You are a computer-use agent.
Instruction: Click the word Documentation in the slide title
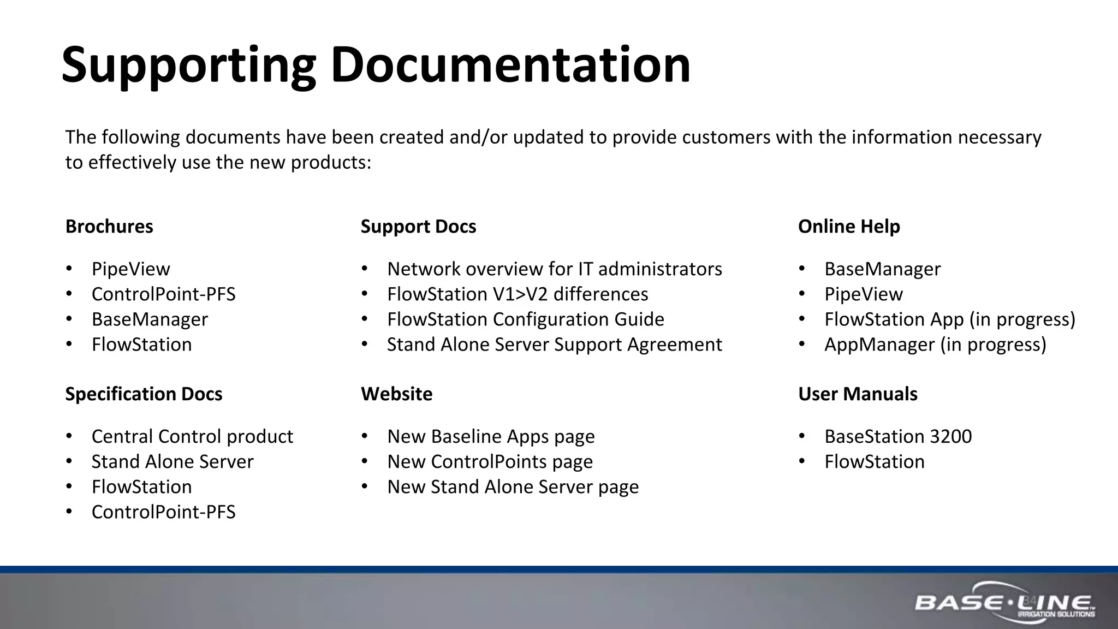(510, 66)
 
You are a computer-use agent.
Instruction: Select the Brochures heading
(109, 227)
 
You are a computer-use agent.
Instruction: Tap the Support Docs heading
(418, 227)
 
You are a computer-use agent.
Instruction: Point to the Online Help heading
(849, 227)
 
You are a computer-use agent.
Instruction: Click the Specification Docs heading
(144, 394)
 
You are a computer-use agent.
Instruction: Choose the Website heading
(396, 394)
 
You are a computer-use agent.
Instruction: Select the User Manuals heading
(858, 394)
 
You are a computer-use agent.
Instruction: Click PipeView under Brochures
(130, 269)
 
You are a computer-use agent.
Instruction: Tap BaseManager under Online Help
(882, 269)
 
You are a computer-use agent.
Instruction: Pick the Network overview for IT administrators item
(554, 269)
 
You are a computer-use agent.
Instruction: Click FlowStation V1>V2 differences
(518, 294)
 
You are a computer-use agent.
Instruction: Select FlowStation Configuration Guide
(525, 319)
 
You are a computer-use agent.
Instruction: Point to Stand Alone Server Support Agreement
(554, 345)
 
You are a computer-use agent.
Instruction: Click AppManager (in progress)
(935, 345)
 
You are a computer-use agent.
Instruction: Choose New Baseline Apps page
(491, 437)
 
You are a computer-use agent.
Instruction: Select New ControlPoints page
(490, 462)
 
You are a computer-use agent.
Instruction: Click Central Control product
(192, 437)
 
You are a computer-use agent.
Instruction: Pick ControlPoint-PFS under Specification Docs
(163, 512)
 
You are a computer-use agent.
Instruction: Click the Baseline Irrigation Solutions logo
(1004, 605)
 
